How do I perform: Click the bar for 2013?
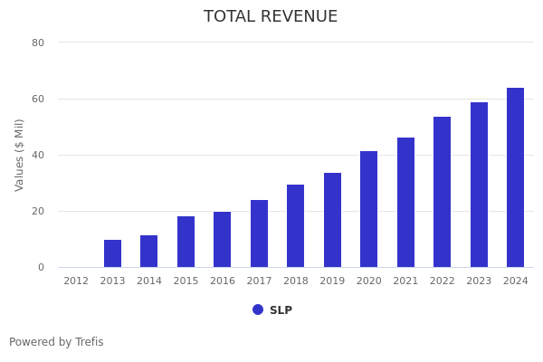click(x=112, y=253)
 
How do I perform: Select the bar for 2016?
click(x=222, y=240)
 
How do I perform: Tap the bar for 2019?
click(x=332, y=220)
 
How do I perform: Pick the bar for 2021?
click(x=405, y=203)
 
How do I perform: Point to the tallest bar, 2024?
click(x=515, y=177)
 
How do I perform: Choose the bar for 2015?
click(x=186, y=242)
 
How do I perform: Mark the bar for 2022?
click(x=442, y=192)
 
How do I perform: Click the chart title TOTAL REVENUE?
click(x=271, y=17)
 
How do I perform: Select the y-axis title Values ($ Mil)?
click(x=20, y=155)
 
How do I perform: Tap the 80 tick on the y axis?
click(x=38, y=43)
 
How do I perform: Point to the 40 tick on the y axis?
click(x=38, y=155)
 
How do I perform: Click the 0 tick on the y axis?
click(x=41, y=267)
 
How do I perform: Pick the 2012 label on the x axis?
click(x=76, y=281)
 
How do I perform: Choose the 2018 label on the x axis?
click(x=296, y=281)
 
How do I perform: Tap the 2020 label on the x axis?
click(x=369, y=281)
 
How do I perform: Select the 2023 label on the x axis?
click(x=479, y=281)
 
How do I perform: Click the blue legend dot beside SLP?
click(x=258, y=310)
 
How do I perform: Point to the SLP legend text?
click(x=281, y=310)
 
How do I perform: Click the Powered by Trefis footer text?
click(x=56, y=342)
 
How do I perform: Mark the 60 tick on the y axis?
click(x=38, y=99)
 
